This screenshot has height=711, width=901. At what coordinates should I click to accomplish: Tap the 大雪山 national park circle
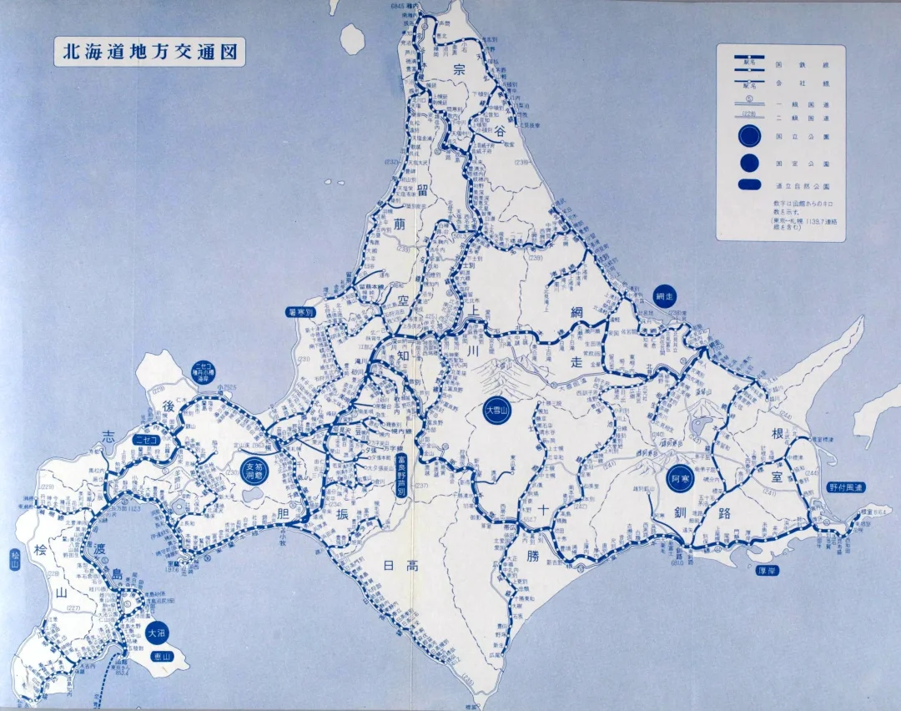[497, 410]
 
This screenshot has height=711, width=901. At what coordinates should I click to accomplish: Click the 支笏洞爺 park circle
[254, 471]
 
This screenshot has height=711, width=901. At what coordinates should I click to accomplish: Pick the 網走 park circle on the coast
[663, 296]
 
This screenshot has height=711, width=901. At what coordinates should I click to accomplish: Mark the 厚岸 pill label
[767, 572]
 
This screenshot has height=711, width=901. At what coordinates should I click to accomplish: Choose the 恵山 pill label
[161, 657]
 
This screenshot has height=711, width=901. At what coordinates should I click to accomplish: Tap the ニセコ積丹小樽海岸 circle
[203, 371]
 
